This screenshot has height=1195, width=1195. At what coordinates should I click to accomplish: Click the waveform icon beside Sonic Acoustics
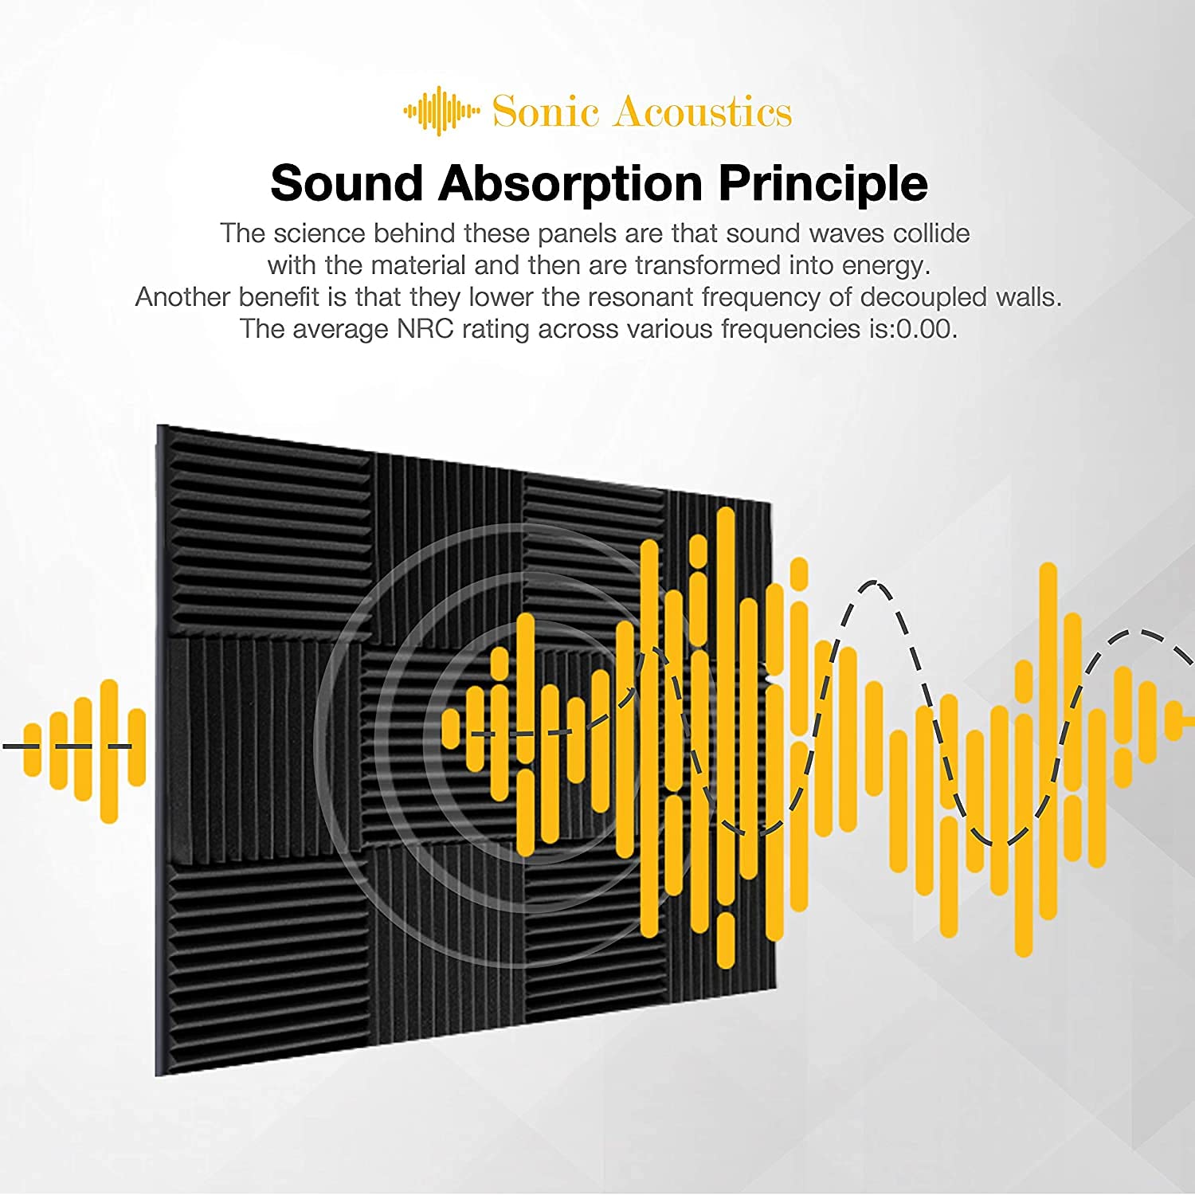pos(441,112)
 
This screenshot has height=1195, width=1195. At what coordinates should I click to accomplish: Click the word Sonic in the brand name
pos(545,112)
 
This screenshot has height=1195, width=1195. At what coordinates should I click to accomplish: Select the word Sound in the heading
pos(347,183)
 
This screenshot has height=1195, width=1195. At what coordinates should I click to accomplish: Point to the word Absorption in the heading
pos(570,185)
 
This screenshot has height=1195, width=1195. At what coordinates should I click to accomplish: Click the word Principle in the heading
pos(823,185)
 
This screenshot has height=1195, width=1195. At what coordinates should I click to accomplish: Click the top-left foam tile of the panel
pos(268,532)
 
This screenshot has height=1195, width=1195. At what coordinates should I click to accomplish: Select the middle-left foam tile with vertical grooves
pos(263,749)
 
